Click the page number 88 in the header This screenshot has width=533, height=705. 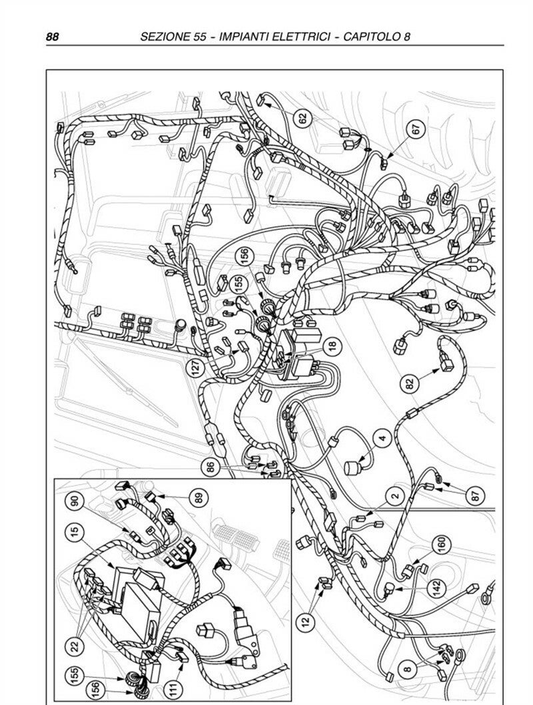point(52,37)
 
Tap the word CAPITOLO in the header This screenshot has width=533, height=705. point(372,37)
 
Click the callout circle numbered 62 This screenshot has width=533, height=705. point(302,118)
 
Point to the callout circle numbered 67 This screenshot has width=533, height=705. point(416,128)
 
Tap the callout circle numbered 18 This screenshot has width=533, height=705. point(332,346)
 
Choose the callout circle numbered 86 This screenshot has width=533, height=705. point(210,469)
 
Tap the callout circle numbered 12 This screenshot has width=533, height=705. point(306,622)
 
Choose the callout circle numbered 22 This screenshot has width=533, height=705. point(75,646)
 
